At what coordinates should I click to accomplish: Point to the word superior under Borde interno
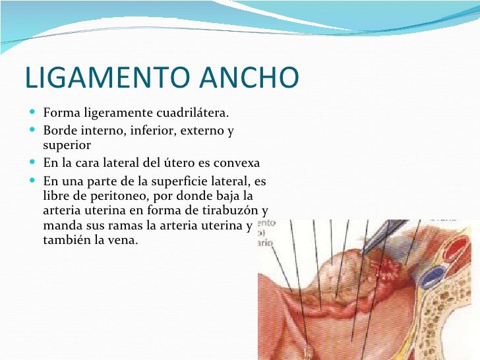(x=66, y=145)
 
